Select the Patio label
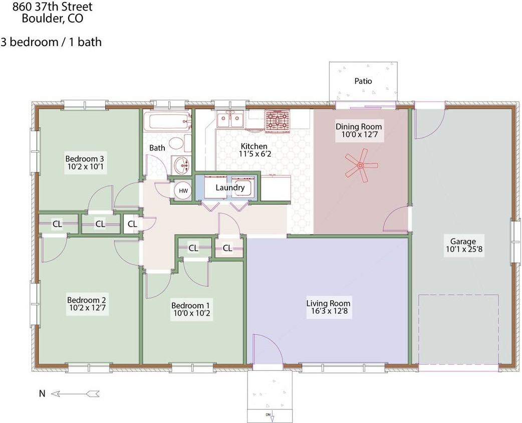363,81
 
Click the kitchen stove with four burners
277,121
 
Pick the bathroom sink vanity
181,164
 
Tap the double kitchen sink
230,120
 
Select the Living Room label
328,303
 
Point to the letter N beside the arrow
42,393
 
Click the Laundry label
230,188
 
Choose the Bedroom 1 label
190,306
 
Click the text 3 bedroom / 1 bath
51,42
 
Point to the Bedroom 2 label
87,300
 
